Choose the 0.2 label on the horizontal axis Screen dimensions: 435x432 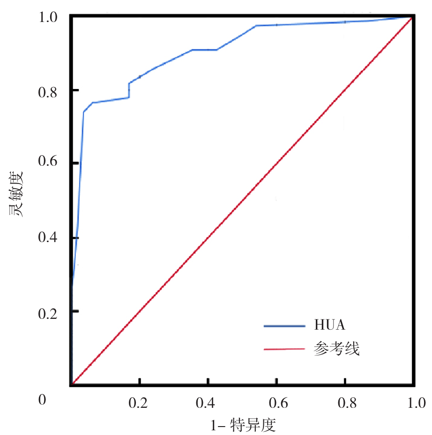click(139, 402)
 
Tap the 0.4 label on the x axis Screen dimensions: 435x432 click(208, 402)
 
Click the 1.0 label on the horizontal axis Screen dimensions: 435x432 click(412, 402)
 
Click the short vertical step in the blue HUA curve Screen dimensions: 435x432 click(129, 90)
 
